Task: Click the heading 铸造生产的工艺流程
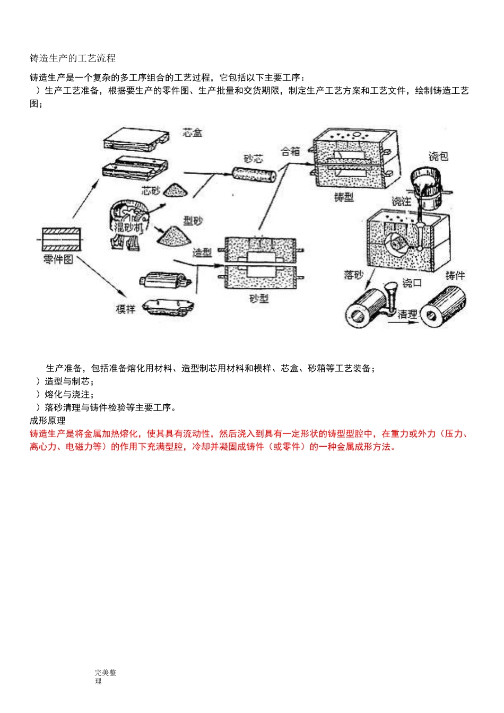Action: (x=73, y=58)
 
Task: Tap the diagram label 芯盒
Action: (x=192, y=133)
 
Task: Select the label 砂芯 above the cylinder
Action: (x=254, y=159)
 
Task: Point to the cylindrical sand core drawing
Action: (x=255, y=175)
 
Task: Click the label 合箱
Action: (x=290, y=152)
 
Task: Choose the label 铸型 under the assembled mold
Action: (x=344, y=197)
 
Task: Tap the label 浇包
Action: (x=439, y=156)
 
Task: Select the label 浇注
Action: (x=402, y=201)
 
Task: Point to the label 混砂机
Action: (x=129, y=227)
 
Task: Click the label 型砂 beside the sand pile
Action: (x=193, y=221)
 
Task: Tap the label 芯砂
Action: (x=151, y=190)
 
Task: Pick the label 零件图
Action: (x=58, y=259)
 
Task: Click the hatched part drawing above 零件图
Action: (x=62, y=239)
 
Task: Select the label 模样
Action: (x=126, y=309)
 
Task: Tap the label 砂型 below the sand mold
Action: (x=259, y=299)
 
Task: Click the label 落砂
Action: (x=353, y=275)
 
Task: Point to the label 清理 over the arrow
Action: (x=407, y=314)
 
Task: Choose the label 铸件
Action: (x=455, y=275)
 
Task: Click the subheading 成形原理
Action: (x=48, y=421)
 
